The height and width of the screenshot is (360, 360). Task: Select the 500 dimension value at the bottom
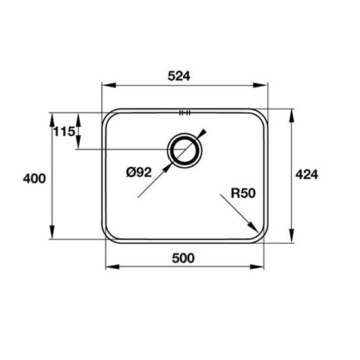[184, 257]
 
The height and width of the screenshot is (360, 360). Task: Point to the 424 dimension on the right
[305, 174]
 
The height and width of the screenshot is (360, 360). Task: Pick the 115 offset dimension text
[63, 132]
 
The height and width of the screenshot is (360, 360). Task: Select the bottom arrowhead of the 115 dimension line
[77, 147]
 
